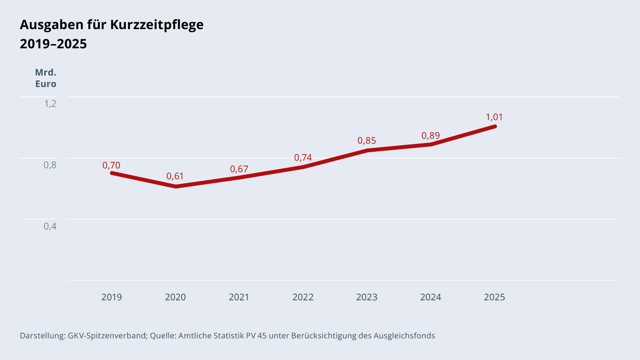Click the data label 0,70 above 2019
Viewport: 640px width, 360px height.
pyautogui.click(x=111, y=166)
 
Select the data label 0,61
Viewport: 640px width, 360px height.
pyautogui.click(x=175, y=176)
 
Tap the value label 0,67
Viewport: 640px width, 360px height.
pyautogui.click(x=239, y=169)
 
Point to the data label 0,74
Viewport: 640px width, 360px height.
pyautogui.click(x=303, y=158)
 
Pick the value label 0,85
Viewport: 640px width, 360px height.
pyautogui.click(x=367, y=141)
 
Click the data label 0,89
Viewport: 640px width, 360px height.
pyautogui.click(x=431, y=136)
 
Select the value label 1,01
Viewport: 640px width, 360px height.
pyautogui.click(x=494, y=117)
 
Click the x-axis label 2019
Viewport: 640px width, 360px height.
pyautogui.click(x=112, y=297)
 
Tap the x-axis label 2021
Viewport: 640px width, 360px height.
pyautogui.click(x=239, y=297)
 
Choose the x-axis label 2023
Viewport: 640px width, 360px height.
pyautogui.click(x=367, y=297)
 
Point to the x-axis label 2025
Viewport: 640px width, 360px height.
pyautogui.click(x=494, y=297)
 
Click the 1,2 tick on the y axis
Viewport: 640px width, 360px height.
pyautogui.click(x=50, y=104)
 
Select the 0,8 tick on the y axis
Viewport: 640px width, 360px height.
pyautogui.click(x=50, y=165)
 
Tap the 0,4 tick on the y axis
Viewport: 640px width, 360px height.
pyautogui.click(x=50, y=227)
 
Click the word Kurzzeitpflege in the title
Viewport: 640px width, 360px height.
pyautogui.click(x=157, y=25)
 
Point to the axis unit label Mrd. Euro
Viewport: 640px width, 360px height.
pyautogui.click(x=46, y=78)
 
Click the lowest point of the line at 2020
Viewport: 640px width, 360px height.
pyautogui.click(x=176, y=186)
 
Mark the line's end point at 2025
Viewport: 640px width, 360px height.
pyautogui.click(x=495, y=126)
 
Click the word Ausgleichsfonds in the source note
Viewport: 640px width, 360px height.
pyautogui.click(x=404, y=336)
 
